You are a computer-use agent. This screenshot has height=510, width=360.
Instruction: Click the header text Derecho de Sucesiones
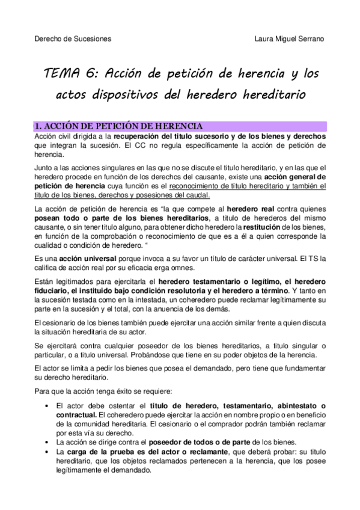point(72,39)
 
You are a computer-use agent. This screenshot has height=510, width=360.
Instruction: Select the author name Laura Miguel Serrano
point(290,39)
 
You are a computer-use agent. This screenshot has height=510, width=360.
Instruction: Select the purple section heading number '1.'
point(37,126)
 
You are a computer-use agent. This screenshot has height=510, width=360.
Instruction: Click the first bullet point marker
point(47,407)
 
